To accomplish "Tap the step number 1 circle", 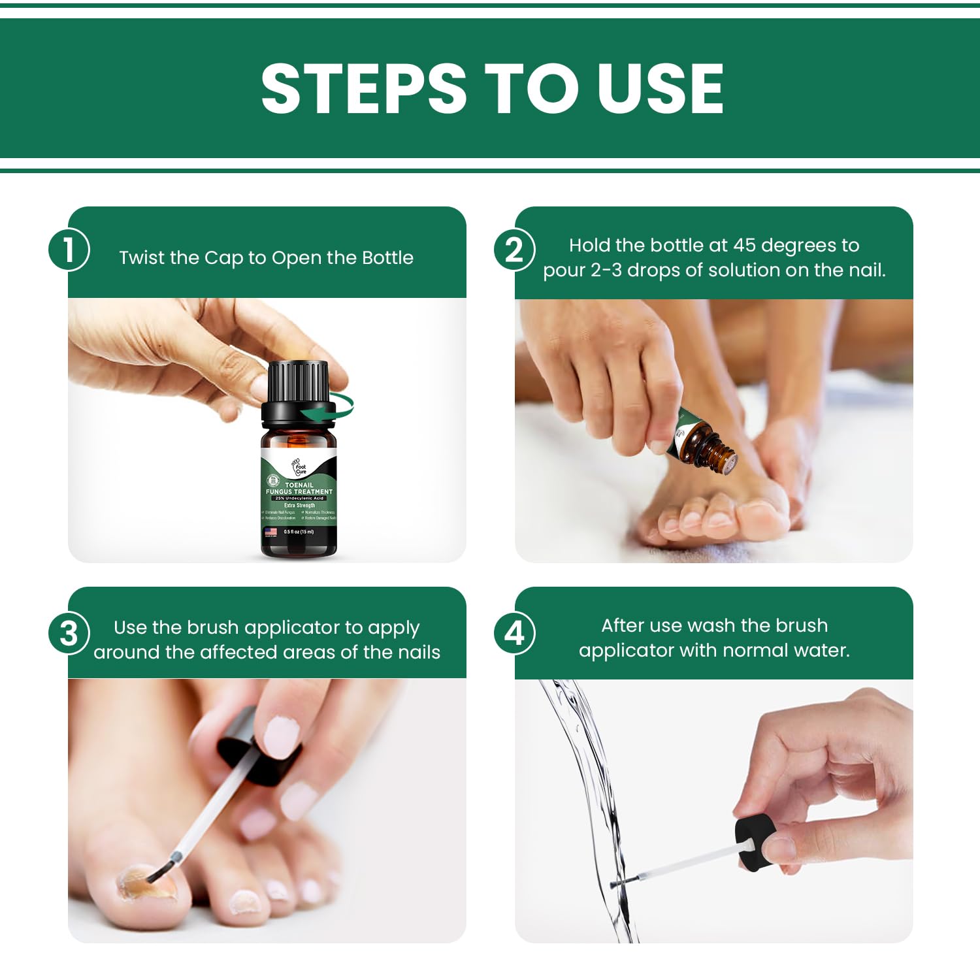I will (68, 250).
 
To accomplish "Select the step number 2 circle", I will (514, 250).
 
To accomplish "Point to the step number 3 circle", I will (68, 633).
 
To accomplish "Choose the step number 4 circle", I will (514, 633).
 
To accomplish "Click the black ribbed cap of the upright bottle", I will (298, 382).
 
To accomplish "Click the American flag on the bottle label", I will (270, 532).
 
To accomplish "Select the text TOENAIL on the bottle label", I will (299, 485).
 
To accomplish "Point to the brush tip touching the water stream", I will (617, 884).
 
